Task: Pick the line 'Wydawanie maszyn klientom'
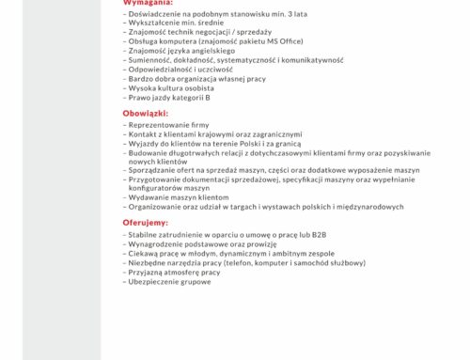tap(177, 196)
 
